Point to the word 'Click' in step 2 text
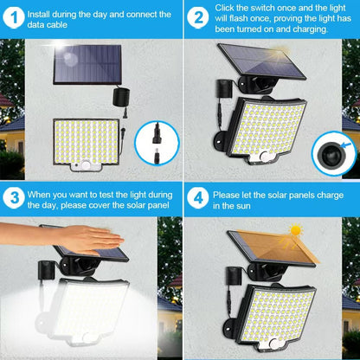(228, 7)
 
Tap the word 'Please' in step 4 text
(231, 196)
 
